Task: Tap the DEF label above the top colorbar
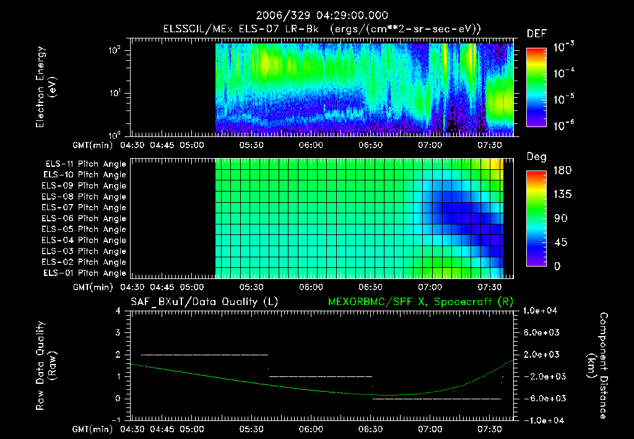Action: (536, 33)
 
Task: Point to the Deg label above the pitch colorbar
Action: (536, 157)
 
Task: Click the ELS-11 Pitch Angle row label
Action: (85, 164)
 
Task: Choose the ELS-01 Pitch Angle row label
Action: (85, 273)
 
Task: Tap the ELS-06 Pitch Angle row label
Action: (85, 218)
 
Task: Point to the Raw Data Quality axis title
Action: (46, 365)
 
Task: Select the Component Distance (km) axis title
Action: (599, 365)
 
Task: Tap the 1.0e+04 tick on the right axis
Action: (542, 311)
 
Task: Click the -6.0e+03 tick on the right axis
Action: (542, 398)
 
